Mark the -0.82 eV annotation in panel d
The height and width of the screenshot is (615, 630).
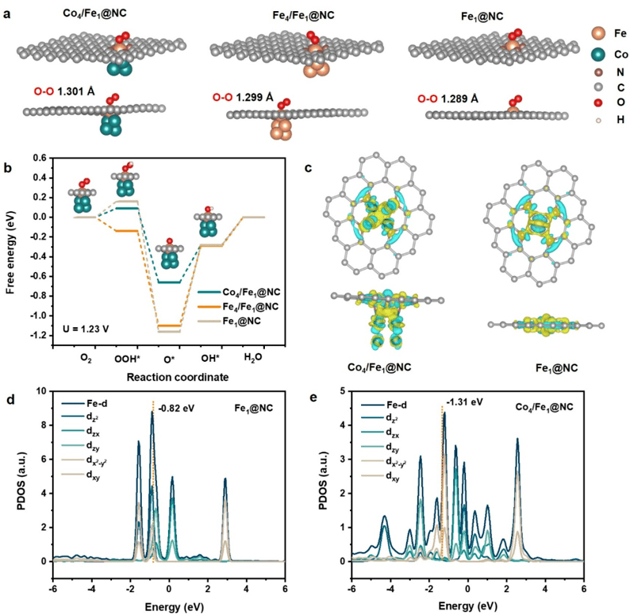coord(176,408)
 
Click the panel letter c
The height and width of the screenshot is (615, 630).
coord(309,167)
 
